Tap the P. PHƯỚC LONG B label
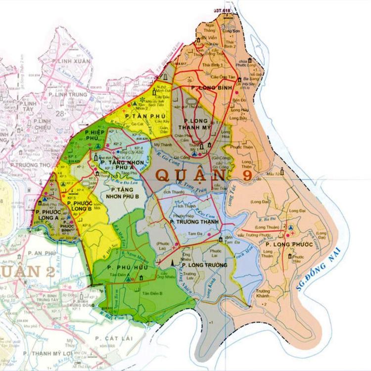81,205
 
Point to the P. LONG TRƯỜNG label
204,265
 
